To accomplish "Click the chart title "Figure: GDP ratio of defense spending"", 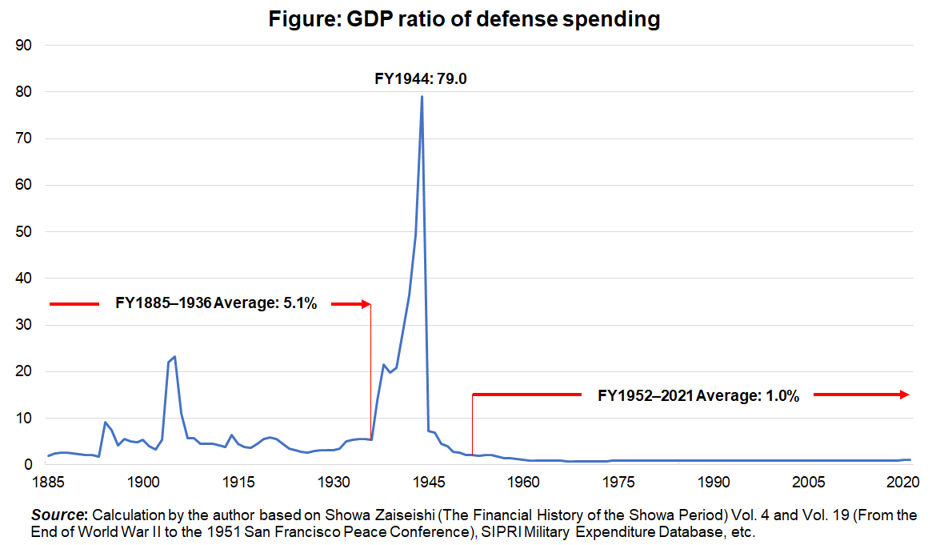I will click(464, 20).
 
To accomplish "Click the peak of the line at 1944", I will click(422, 97).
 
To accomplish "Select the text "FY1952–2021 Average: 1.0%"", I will click(698, 395).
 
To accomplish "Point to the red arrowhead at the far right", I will click(904, 395).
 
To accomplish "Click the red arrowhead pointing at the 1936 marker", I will click(366, 304).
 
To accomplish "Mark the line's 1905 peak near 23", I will click(174, 357).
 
